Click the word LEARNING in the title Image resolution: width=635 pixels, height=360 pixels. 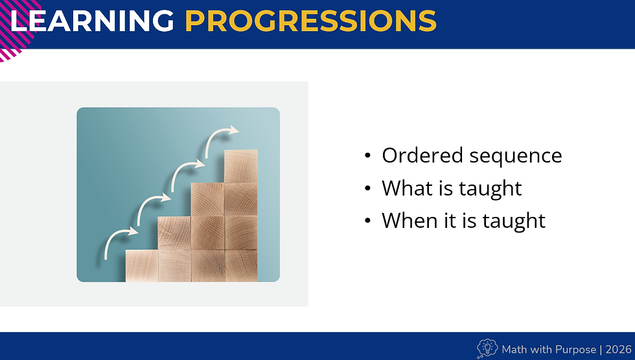coord(92,21)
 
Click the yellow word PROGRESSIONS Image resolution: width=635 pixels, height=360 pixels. coord(310,21)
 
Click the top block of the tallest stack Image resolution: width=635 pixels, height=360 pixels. coord(240,166)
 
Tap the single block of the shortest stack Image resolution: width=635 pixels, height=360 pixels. coord(142,265)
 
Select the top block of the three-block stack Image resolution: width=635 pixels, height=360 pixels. coord(207,199)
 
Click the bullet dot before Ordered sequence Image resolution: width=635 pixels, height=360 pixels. coord(368,156)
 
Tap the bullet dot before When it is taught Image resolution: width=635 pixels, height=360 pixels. coord(368,221)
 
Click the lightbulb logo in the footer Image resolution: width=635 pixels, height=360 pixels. coord(487,348)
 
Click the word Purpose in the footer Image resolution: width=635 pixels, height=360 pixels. coord(573,350)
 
